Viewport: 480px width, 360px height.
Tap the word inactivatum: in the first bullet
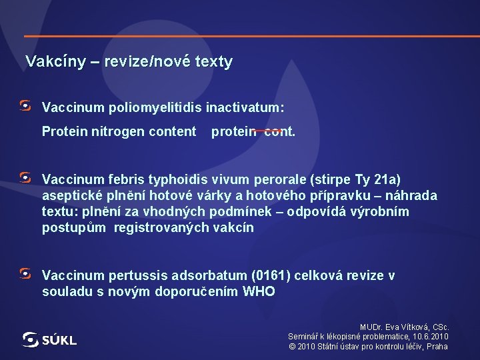coord(245,107)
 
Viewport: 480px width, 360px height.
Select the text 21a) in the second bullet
coord(387,179)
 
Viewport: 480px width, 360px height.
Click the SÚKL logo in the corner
coord(49,339)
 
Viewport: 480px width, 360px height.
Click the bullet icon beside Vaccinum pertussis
coord(25,274)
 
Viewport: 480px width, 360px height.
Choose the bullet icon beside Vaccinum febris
coord(25,178)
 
